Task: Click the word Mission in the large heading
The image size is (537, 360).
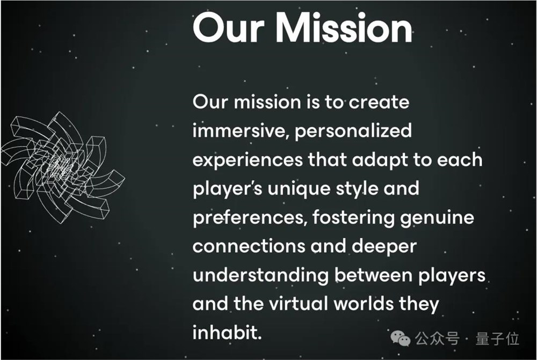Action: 344,28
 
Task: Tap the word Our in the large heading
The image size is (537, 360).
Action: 229,28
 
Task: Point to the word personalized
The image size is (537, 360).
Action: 353,132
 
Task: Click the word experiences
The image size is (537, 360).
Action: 248,161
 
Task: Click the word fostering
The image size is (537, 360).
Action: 353,218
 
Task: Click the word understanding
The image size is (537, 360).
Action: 260,276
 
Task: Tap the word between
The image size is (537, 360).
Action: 373,275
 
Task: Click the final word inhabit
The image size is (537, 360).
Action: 227,332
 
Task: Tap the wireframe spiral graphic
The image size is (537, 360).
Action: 63,168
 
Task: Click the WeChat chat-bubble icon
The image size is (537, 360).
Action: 401,338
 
